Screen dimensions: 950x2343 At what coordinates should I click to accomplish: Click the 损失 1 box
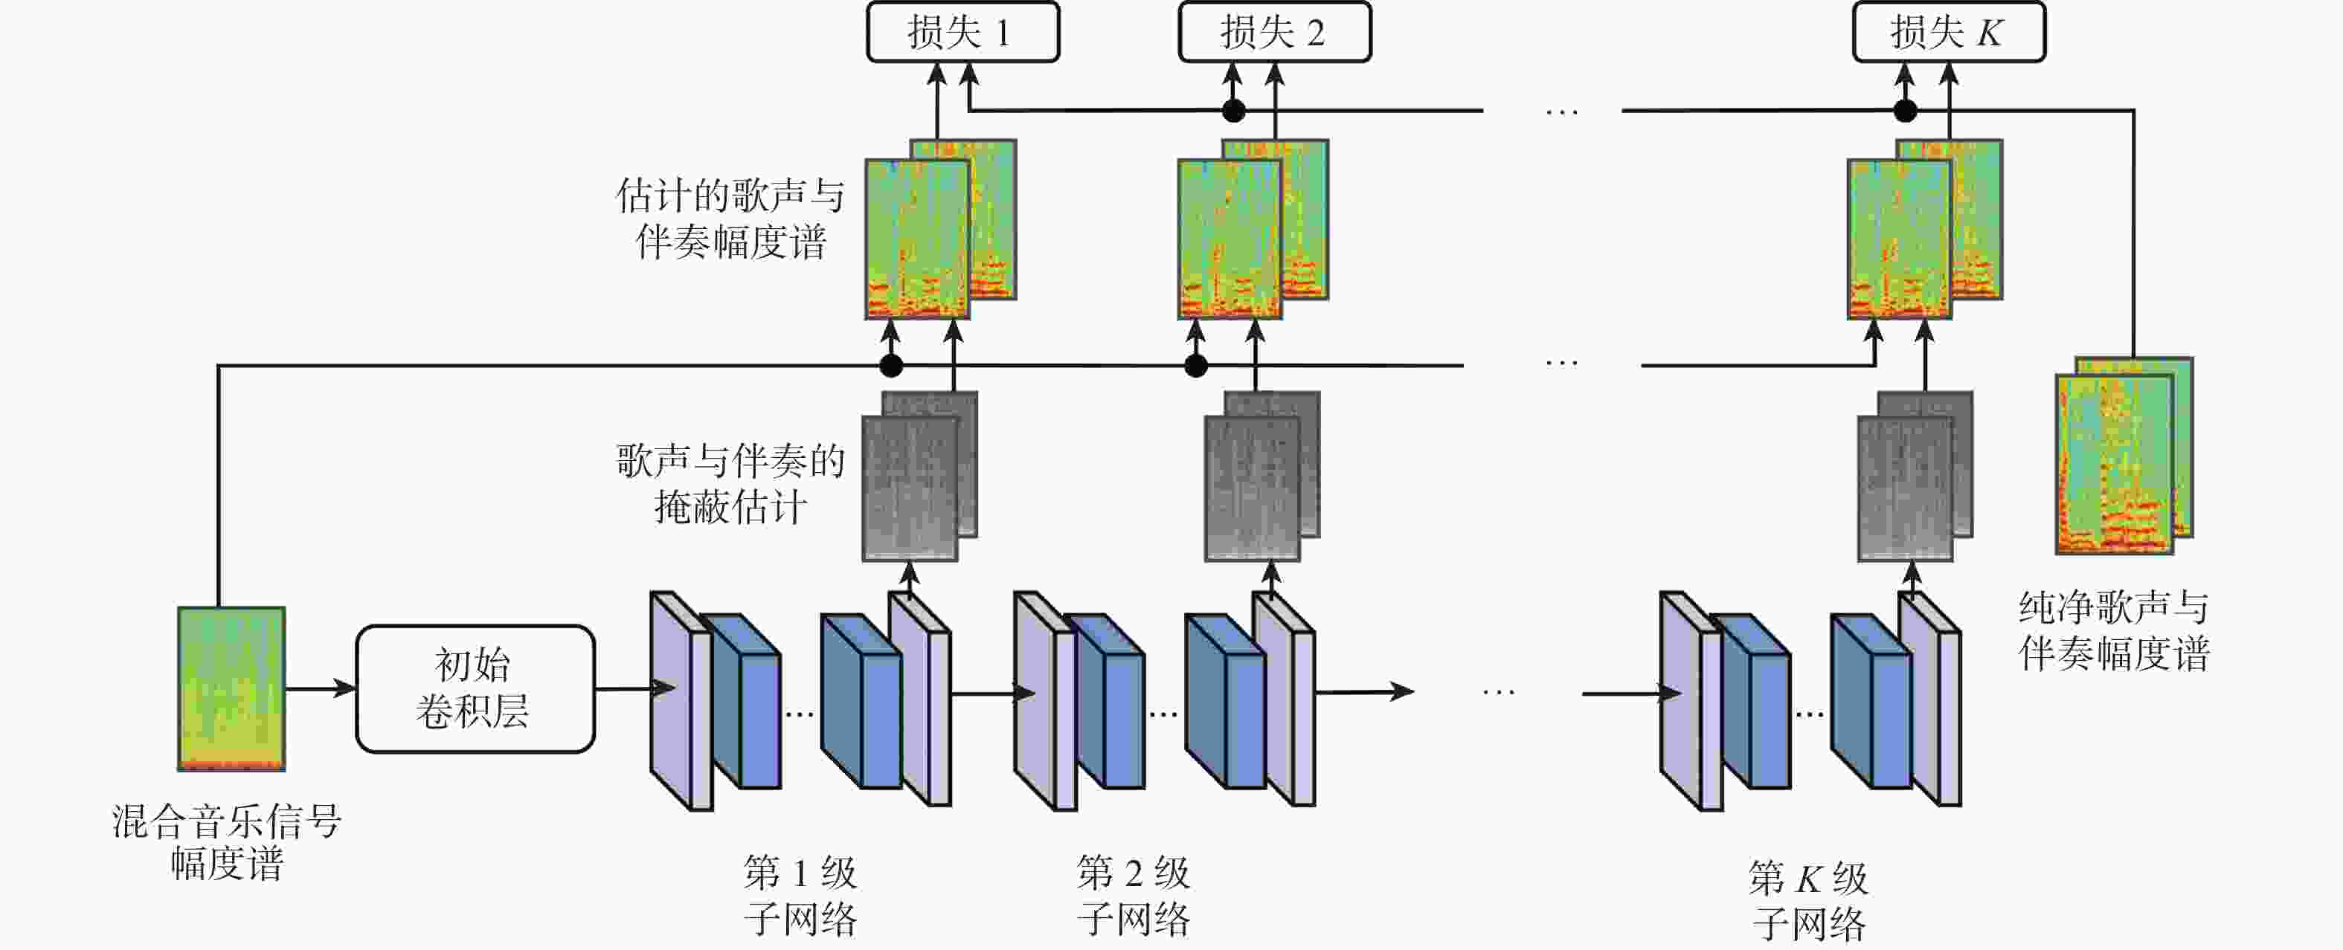point(962,33)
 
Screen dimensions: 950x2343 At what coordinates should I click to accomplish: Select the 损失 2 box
point(1274,33)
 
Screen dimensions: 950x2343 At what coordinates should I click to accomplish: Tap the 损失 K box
point(1948,33)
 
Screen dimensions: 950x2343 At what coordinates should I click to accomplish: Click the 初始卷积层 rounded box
point(475,688)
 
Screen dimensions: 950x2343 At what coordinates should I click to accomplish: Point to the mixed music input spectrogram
point(231,688)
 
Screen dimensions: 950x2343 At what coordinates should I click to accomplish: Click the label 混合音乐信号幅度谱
point(226,841)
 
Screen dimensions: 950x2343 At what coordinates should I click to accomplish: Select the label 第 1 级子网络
point(800,896)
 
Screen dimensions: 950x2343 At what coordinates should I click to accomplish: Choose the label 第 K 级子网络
point(1808,901)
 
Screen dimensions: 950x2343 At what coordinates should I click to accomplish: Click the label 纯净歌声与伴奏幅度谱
point(2114,630)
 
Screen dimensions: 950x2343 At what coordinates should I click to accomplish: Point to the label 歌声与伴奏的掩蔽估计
point(730,484)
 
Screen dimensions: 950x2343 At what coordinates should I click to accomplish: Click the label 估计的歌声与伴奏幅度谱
point(730,219)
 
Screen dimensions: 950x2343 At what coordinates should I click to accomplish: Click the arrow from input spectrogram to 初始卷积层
point(320,688)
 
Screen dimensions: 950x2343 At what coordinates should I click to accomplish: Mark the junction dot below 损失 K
point(1905,111)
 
